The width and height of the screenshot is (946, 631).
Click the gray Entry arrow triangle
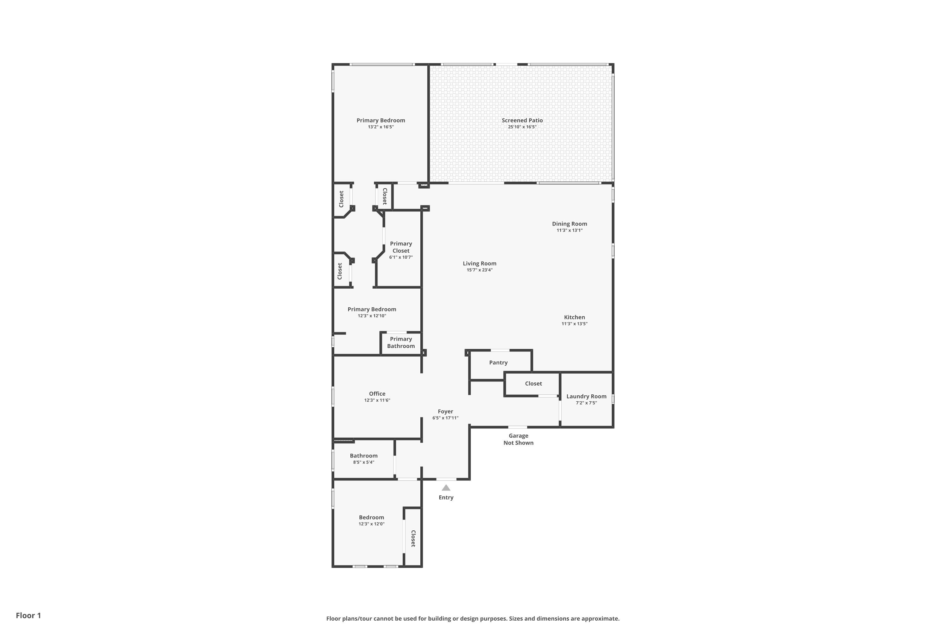(x=446, y=488)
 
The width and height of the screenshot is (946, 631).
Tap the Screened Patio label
(x=522, y=120)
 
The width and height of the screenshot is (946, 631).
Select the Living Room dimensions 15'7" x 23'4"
(x=479, y=270)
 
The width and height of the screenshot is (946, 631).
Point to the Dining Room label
(x=569, y=224)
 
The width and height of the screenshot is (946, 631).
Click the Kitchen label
(x=574, y=317)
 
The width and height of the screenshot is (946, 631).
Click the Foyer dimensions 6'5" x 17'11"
(x=446, y=418)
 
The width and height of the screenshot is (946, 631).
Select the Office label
(x=377, y=393)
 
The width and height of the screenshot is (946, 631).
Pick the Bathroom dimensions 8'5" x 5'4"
(x=364, y=462)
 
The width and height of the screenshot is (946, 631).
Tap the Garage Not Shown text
(x=518, y=439)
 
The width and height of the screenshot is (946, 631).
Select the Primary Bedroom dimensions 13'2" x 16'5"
(x=381, y=127)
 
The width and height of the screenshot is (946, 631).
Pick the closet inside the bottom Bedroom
(x=413, y=537)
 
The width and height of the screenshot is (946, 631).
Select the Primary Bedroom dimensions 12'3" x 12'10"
(x=372, y=316)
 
